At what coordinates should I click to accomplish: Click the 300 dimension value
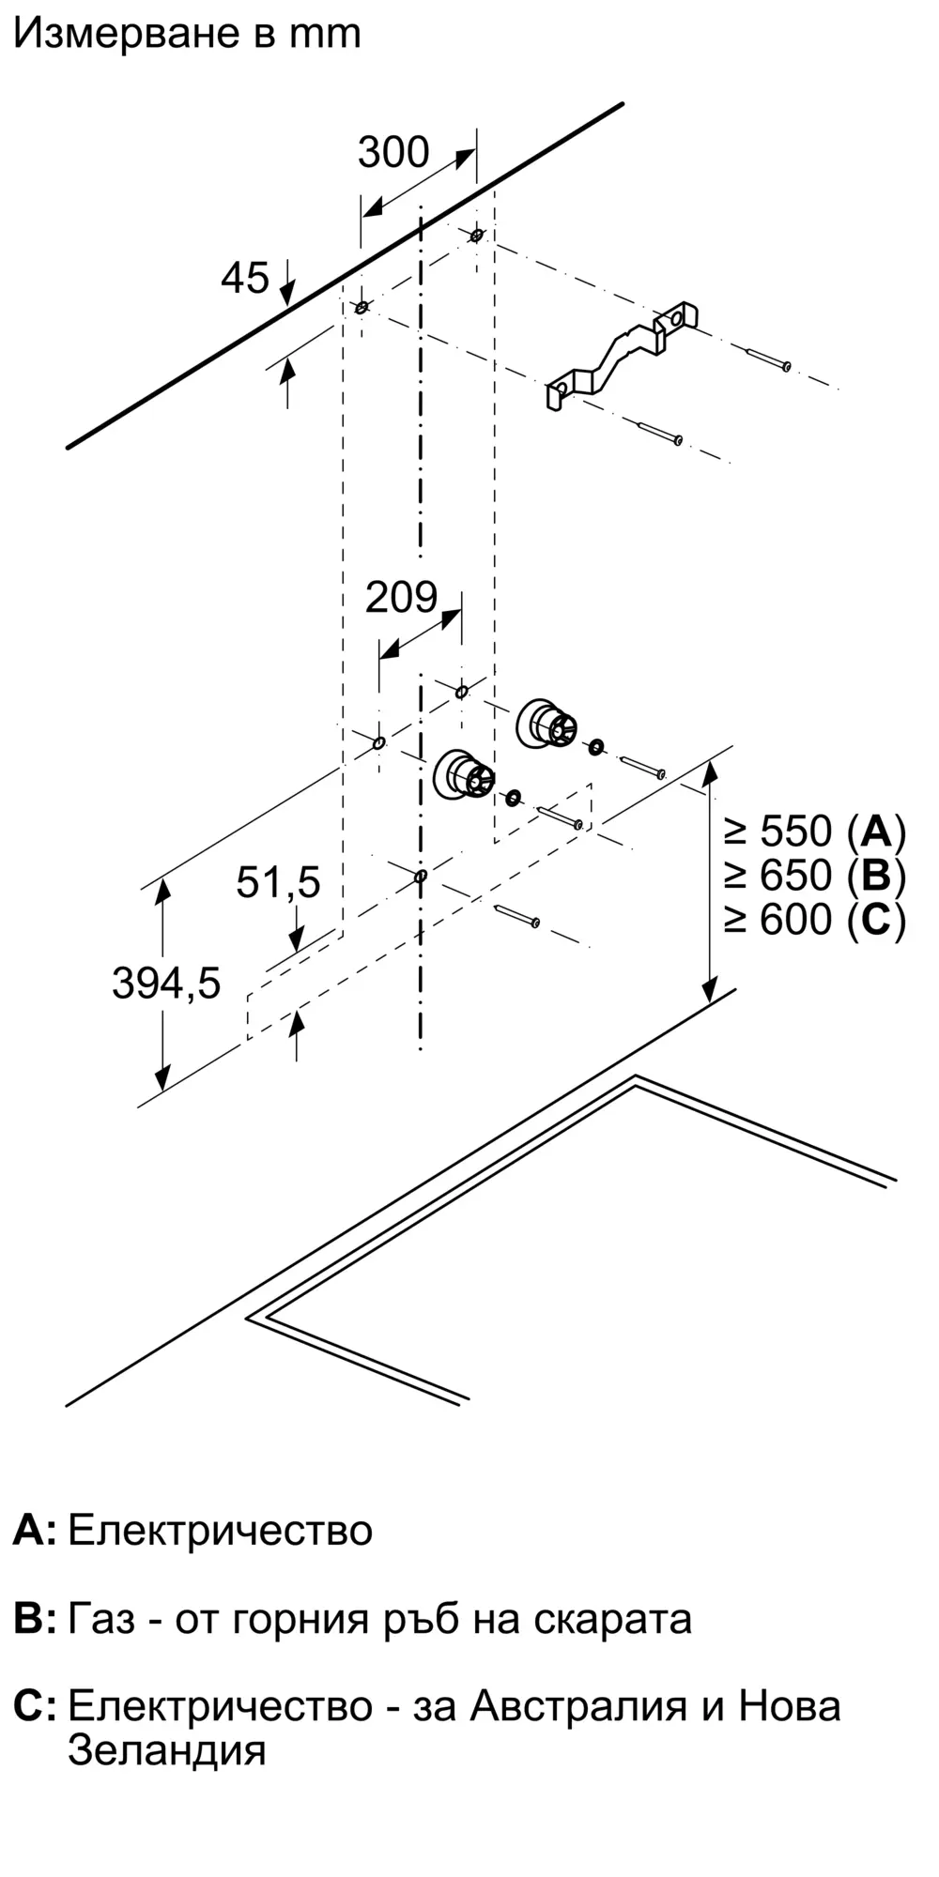pyautogui.click(x=393, y=152)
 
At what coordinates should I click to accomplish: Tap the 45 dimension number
pyautogui.click(x=245, y=278)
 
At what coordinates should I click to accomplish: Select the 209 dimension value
pyautogui.click(x=402, y=597)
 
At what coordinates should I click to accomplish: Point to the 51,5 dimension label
pyautogui.click(x=278, y=882)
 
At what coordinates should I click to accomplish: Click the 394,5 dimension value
pyautogui.click(x=166, y=984)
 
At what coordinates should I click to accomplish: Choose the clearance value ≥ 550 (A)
pyautogui.click(x=815, y=832)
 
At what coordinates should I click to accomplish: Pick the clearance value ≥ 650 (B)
pyautogui.click(x=815, y=876)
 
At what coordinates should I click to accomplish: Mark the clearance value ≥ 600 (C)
pyautogui.click(x=815, y=920)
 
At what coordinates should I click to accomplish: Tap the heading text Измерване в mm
pyautogui.click(x=187, y=34)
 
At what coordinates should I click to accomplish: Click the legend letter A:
pyautogui.click(x=35, y=1531)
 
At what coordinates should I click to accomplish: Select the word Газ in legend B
pyautogui.click(x=101, y=1619)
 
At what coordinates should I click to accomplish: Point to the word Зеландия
pyautogui.click(x=167, y=1750)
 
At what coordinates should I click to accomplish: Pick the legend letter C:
pyautogui.click(x=36, y=1706)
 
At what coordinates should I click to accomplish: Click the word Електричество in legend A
pyautogui.click(x=221, y=1531)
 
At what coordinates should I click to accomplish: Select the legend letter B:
pyautogui.click(x=36, y=1619)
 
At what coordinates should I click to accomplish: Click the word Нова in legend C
pyautogui.click(x=790, y=1706)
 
